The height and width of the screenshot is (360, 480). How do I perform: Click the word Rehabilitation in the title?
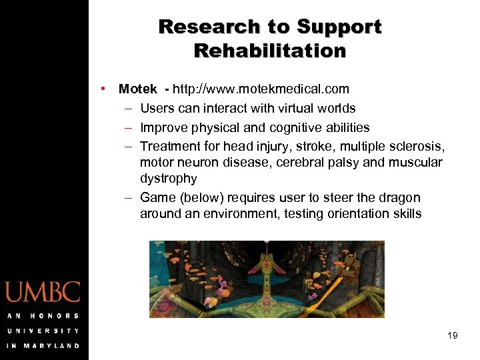click(x=270, y=51)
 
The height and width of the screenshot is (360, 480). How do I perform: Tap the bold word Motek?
click(x=138, y=89)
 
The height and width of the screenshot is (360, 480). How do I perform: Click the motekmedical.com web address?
click(x=261, y=89)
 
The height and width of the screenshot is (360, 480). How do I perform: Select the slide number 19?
click(x=453, y=335)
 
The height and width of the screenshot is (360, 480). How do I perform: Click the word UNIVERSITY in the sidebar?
click(x=43, y=330)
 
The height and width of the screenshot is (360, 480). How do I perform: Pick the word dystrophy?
click(x=169, y=179)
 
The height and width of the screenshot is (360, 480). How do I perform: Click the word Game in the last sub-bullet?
click(x=157, y=197)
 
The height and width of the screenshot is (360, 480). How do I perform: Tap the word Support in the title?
click(x=339, y=27)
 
